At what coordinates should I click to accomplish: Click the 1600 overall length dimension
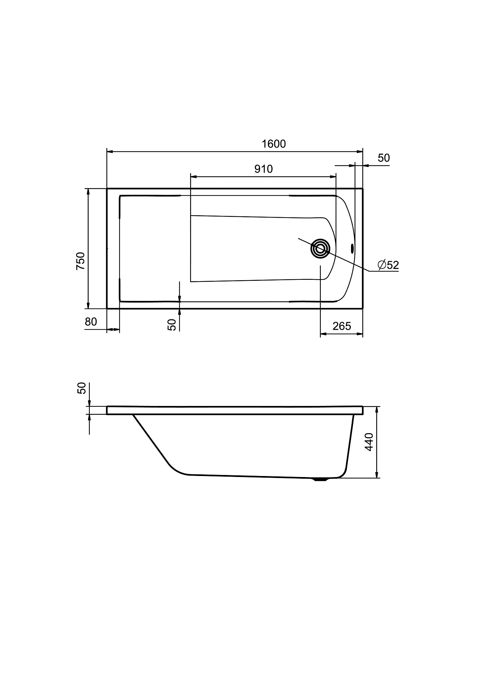tap(274, 144)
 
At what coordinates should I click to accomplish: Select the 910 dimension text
tap(263, 169)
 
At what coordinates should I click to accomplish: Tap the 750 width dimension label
tap(80, 261)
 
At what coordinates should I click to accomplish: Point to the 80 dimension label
tap(91, 321)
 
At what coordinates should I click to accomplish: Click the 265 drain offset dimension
tap(341, 326)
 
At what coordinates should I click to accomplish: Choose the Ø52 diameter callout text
tap(388, 265)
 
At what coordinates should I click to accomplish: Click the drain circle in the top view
tap(320, 249)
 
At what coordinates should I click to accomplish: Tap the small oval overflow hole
tap(352, 249)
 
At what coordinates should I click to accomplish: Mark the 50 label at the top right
tap(384, 158)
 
